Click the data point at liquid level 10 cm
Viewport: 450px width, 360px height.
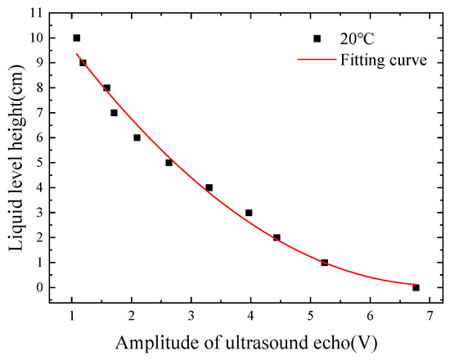[77, 38]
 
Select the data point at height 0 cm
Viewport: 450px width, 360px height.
[416, 287]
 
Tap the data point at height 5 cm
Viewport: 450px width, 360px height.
[169, 163]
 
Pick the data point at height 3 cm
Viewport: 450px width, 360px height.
[249, 213]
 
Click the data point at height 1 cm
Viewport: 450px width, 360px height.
[325, 263]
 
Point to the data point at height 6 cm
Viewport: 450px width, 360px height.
[137, 137]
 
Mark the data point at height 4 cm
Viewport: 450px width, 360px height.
[209, 187]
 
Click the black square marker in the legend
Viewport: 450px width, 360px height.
[317, 38]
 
